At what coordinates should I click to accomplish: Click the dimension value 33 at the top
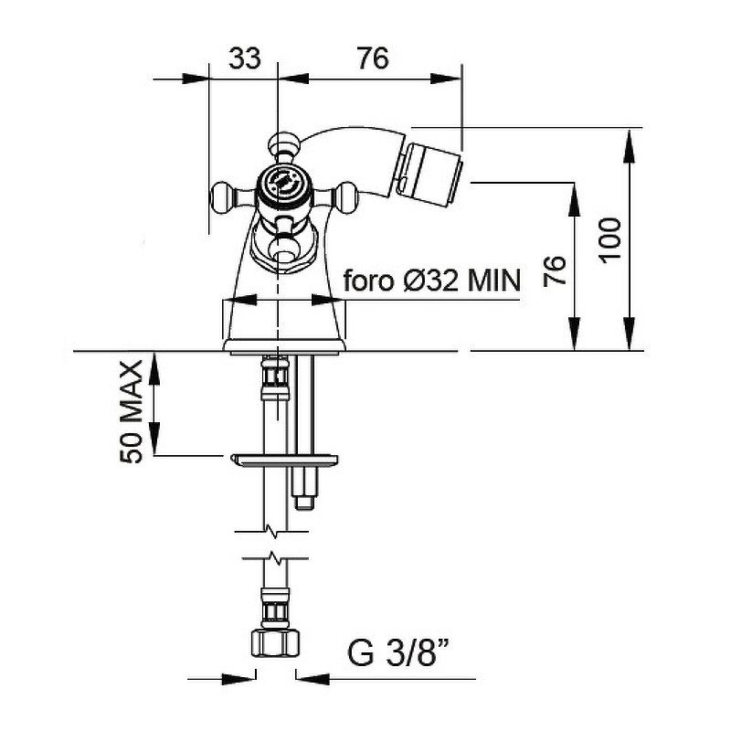[245, 58]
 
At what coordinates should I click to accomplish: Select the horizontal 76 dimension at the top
[373, 58]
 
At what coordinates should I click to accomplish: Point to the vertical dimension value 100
[610, 240]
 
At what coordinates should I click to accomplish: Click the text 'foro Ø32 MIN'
[431, 281]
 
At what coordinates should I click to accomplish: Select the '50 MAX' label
[131, 412]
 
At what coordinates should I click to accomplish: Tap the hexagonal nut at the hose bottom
[276, 643]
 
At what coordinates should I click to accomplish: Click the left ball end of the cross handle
[221, 195]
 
